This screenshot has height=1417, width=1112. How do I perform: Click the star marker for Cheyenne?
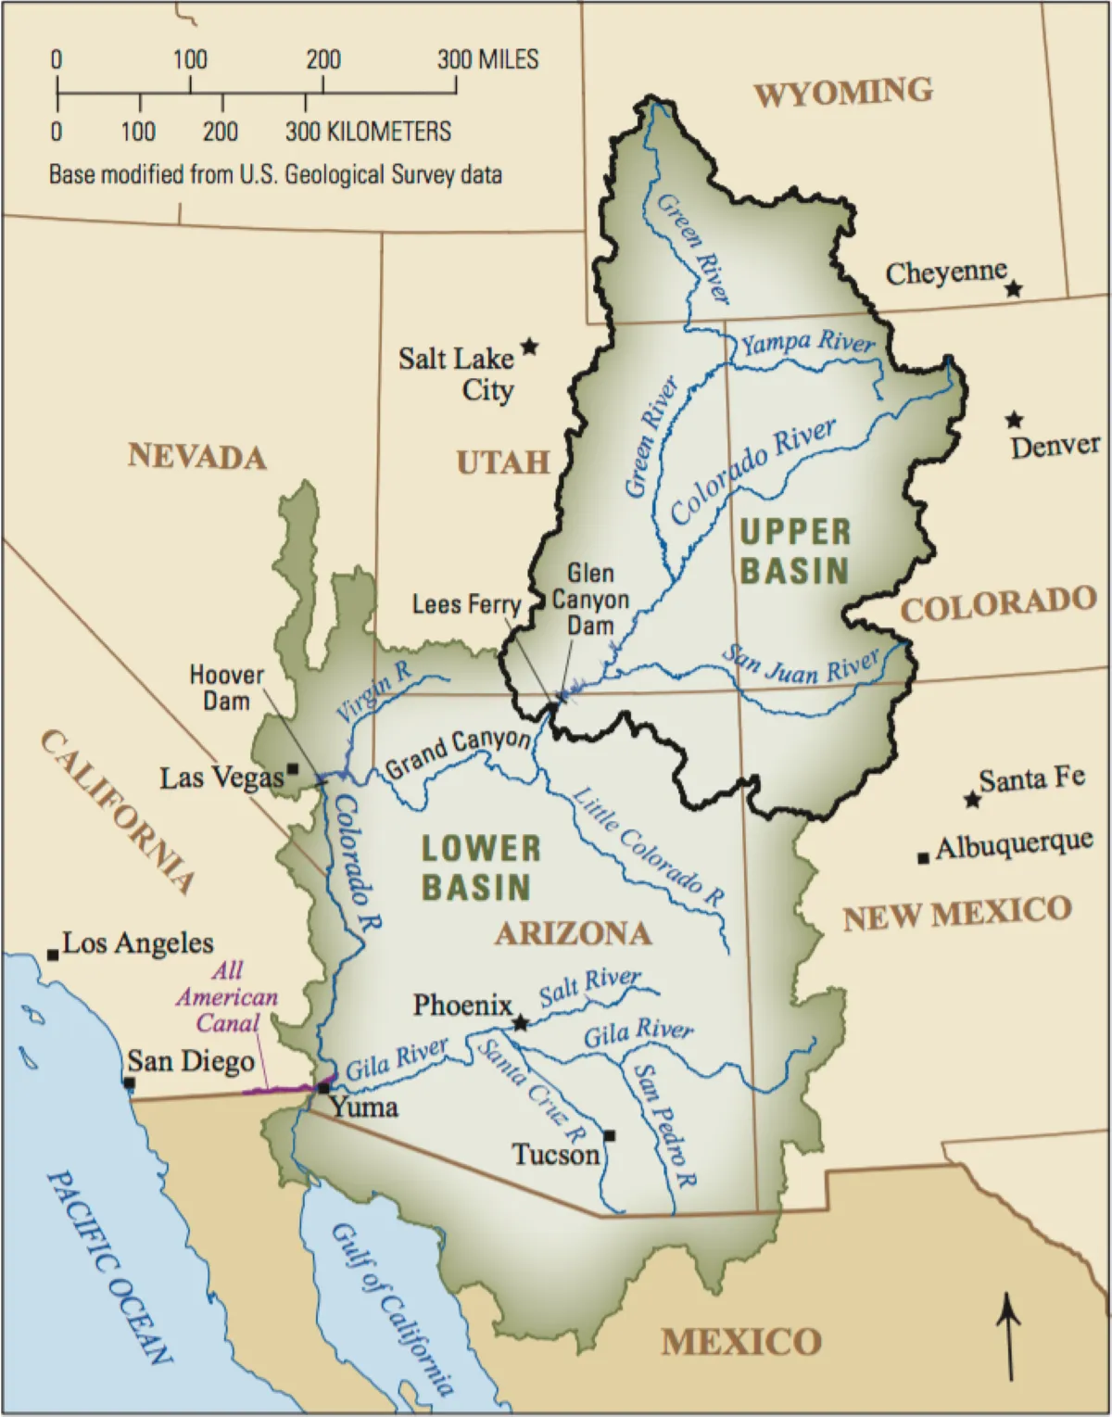click(1014, 289)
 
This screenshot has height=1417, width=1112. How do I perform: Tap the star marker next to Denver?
click(1015, 420)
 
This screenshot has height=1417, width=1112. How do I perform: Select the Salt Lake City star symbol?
click(529, 347)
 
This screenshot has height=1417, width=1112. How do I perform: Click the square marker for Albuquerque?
click(923, 858)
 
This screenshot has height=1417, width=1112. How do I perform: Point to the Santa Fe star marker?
click(971, 799)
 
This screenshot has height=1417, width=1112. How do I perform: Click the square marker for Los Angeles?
click(53, 955)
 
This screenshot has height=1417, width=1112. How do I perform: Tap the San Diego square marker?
click(130, 1082)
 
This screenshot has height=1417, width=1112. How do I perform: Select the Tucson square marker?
click(609, 1135)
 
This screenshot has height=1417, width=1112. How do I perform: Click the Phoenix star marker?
click(521, 1022)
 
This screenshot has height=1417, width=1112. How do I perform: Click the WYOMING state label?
click(842, 93)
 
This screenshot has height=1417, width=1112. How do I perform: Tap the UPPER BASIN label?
click(794, 551)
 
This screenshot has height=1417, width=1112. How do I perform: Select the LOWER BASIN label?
click(479, 867)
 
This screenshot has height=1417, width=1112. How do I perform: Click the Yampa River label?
click(807, 343)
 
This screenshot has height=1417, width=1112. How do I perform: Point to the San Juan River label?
click(801, 666)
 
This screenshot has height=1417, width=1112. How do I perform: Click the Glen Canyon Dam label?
click(590, 600)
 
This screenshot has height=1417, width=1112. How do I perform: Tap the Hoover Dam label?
click(226, 688)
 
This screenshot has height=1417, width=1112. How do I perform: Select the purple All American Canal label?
click(228, 997)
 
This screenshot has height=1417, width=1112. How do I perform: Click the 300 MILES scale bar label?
click(487, 60)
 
